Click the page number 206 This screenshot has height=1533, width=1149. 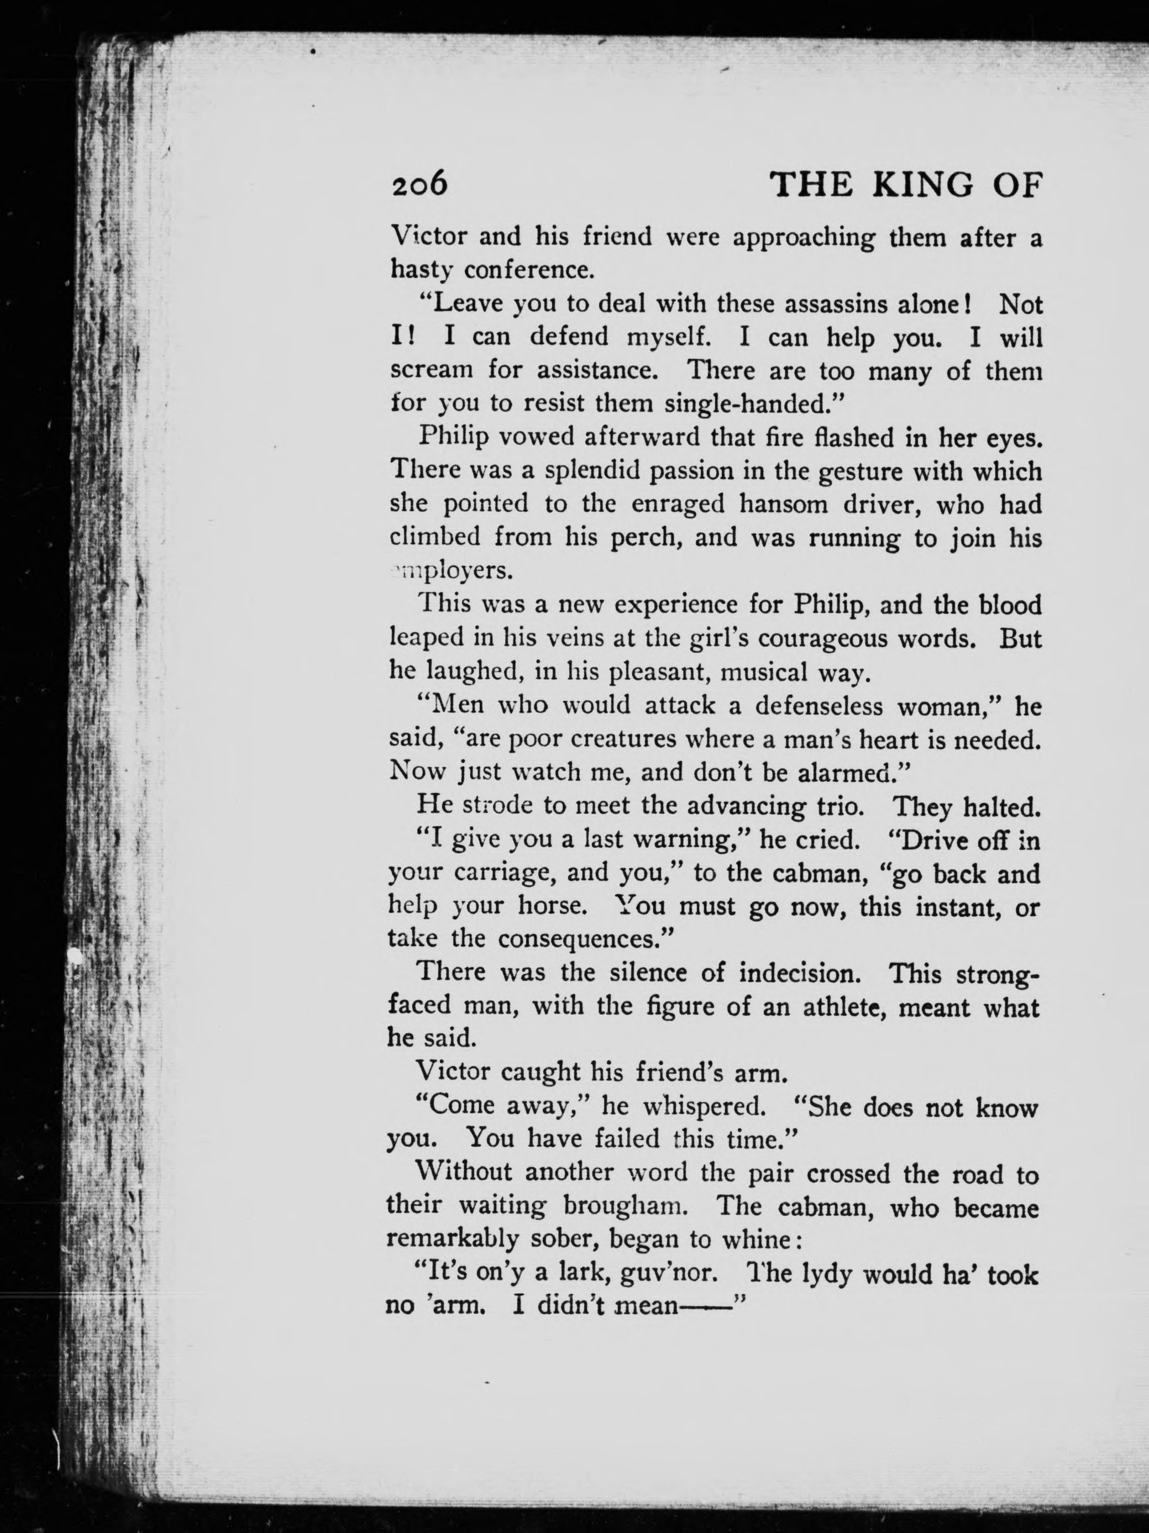(x=419, y=185)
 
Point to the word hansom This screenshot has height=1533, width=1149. (x=783, y=505)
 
